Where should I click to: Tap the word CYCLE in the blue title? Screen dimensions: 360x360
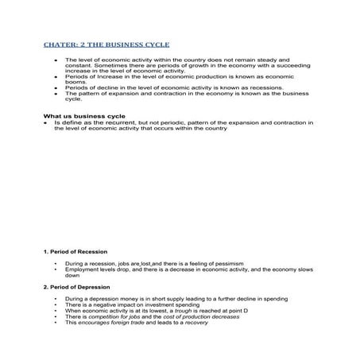pyautogui.click(x=155, y=45)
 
